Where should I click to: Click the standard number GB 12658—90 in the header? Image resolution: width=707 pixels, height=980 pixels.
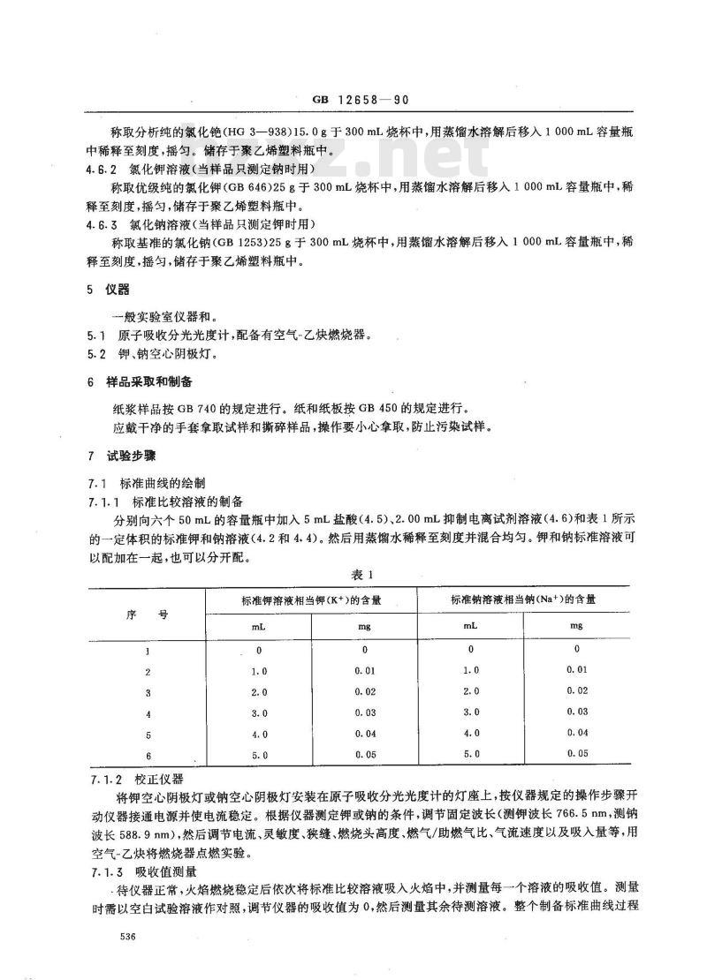pyautogui.click(x=353, y=102)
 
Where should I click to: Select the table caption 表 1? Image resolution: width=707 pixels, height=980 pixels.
pyautogui.click(x=355, y=574)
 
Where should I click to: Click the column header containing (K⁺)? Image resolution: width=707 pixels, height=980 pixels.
pyautogui.click(x=311, y=599)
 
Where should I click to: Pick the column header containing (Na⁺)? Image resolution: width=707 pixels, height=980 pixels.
pyautogui.click(x=521, y=599)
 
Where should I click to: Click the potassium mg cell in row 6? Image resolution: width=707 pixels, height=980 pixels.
pyautogui.click(x=364, y=755)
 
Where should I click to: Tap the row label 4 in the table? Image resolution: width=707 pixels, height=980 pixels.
pyautogui.click(x=148, y=712)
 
